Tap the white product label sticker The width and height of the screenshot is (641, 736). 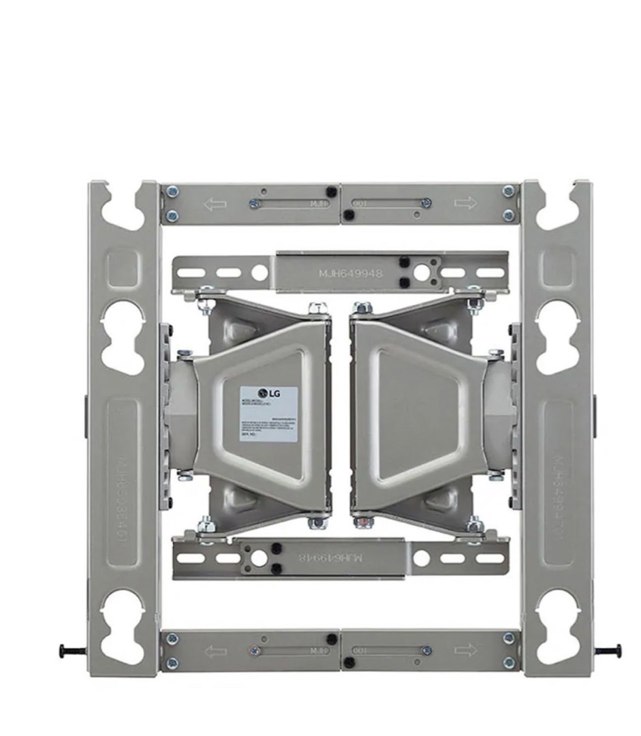pyautogui.click(x=268, y=413)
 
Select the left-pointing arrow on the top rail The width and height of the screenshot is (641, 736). pyautogui.click(x=215, y=204)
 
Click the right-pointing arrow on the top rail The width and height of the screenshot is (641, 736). pyautogui.click(x=465, y=203)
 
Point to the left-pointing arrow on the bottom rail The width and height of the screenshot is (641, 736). pyautogui.click(x=215, y=651)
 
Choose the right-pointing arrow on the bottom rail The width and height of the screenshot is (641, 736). pyautogui.click(x=465, y=650)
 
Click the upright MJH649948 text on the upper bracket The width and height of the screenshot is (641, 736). pyautogui.click(x=351, y=273)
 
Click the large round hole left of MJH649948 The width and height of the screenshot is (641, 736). pyautogui.click(x=260, y=273)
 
